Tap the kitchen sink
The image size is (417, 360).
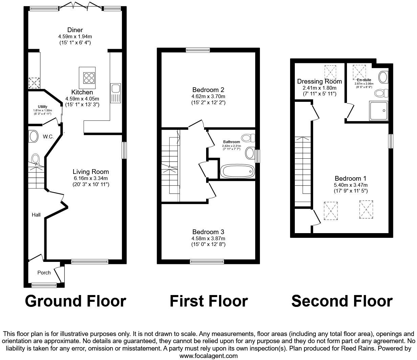tap(115, 89)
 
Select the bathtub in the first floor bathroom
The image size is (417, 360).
tap(238, 171)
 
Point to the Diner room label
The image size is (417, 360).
tap(75, 30)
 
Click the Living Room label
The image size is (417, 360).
tap(91, 172)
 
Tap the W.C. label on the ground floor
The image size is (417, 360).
tap(48, 137)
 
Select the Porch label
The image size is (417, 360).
tap(44, 272)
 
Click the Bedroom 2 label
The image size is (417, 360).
tap(208, 90)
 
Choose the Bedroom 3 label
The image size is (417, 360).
tap(208, 232)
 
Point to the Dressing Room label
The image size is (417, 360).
tap(319, 82)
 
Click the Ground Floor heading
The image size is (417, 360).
tap(75, 301)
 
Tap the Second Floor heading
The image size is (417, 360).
tap(342, 301)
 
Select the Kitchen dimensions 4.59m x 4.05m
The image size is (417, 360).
tap(82, 99)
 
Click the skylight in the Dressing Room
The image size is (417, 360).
tap(331, 71)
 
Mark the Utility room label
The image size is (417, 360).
tap(43, 107)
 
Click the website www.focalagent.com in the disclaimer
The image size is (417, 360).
tap(208, 356)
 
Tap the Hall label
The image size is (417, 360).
tap(36, 215)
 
